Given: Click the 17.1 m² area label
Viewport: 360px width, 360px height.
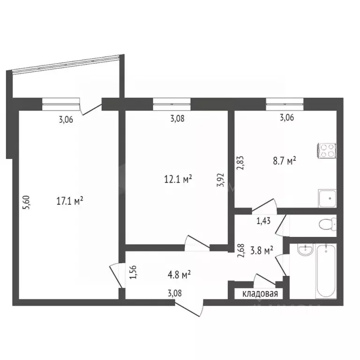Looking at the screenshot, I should click(69, 201).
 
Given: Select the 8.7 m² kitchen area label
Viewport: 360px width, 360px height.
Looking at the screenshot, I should click(285, 162).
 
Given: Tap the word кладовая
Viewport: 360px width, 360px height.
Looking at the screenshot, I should click(260, 294).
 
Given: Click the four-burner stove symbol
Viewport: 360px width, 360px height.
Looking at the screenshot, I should click(327, 149).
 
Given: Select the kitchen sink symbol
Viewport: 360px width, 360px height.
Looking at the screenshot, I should click(327, 198).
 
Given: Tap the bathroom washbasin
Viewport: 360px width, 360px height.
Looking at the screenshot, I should click(305, 251).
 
